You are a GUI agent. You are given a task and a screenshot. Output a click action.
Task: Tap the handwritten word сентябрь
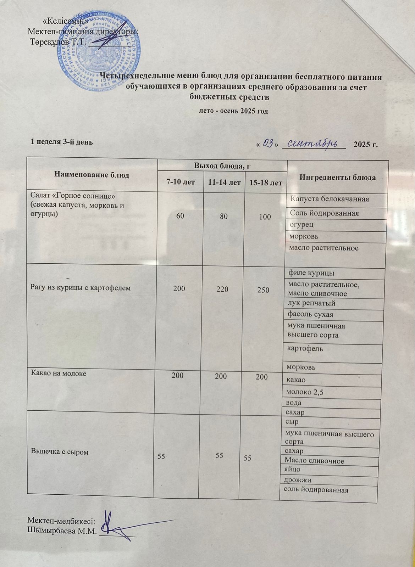point(312,144)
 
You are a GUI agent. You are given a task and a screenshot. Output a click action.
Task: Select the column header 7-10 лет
point(181,183)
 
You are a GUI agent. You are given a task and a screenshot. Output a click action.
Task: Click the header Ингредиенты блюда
point(338,178)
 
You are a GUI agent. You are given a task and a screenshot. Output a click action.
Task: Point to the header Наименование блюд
point(92,175)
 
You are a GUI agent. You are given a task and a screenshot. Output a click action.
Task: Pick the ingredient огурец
point(301,224)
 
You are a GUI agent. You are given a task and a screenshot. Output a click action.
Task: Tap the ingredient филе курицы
point(311,273)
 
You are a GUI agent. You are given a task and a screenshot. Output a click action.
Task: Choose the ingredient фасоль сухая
point(310,314)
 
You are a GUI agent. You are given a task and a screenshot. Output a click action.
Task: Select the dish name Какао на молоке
point(59,373)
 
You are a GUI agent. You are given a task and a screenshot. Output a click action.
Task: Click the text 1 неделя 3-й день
point(62,142)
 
